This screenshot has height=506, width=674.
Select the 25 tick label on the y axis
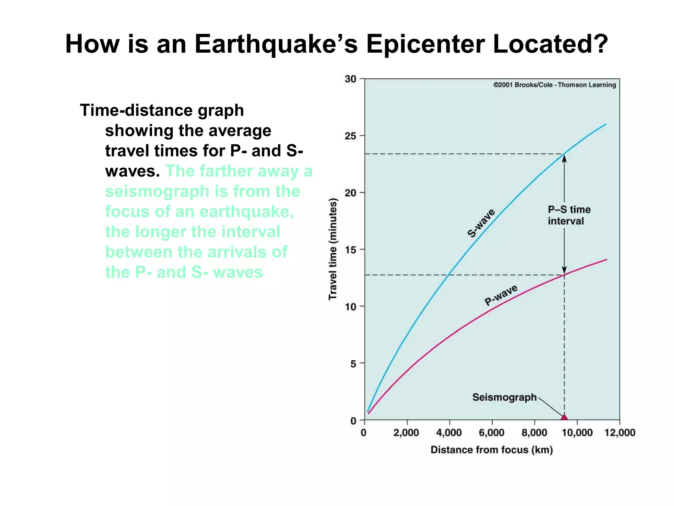click(350, 136)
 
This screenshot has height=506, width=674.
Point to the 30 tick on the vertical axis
click(350, 79)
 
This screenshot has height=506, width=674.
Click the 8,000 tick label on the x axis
click(534, 433)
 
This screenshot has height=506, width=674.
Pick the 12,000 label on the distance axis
click(620, 433)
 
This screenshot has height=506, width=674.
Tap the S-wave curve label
click(481, 223)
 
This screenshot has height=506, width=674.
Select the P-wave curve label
click(501, 295)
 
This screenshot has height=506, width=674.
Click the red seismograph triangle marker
click(564, 417)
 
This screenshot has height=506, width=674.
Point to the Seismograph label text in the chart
click(504, 397)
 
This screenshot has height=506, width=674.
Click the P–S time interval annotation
click(569, 215)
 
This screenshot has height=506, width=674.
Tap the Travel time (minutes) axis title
click(333, 249)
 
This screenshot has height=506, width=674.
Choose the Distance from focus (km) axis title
click(492, 450)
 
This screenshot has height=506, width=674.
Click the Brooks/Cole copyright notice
click(555, 85)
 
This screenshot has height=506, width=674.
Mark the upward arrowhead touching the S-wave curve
click(564, 158)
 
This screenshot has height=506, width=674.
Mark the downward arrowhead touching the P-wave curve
click(564, 270)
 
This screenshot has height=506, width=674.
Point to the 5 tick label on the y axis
click(353, 364)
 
